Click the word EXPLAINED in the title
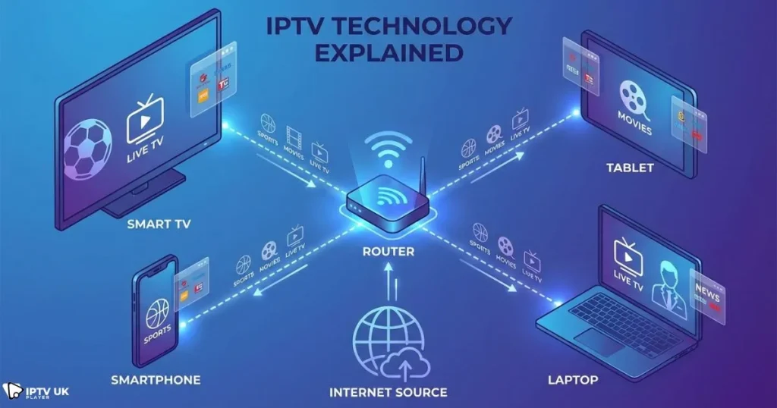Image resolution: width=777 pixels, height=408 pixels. [388, 52]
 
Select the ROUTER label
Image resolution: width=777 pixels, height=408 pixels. [388, 251]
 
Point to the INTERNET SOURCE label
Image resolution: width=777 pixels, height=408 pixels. [388, 393]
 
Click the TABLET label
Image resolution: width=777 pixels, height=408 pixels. [629, 168]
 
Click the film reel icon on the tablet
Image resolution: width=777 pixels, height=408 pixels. [634, 99]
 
